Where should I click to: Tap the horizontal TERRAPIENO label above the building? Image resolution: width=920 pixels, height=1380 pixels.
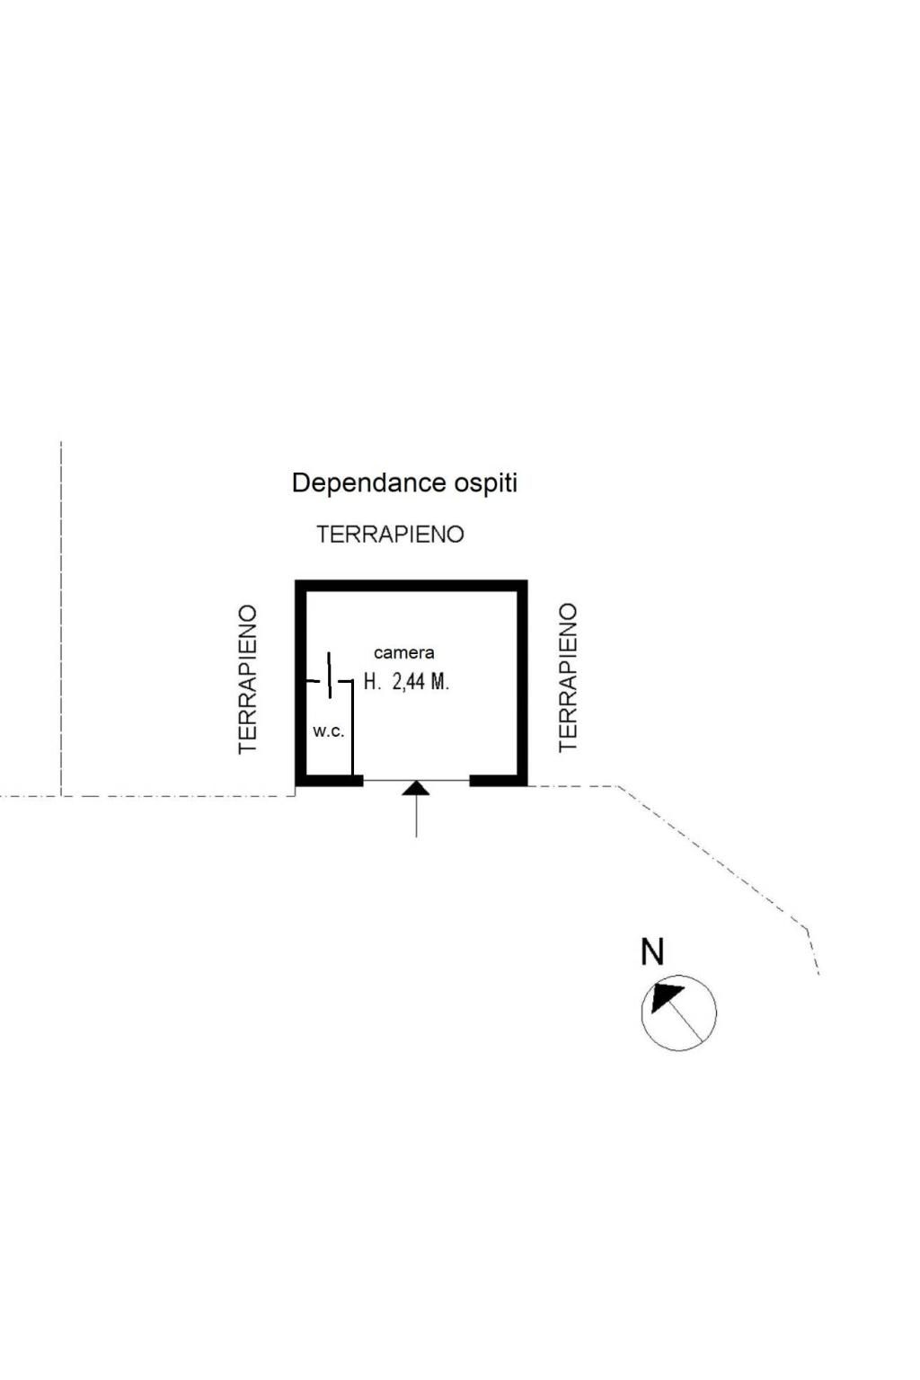pos(390,535)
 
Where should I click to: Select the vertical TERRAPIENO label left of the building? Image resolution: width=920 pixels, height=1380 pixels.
pos(248,678)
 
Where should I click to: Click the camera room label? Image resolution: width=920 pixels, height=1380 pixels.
pos(403,653)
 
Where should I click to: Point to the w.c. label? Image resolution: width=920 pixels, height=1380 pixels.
pos(328,731)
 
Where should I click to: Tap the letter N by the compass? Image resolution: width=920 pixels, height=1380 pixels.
pos(652,952)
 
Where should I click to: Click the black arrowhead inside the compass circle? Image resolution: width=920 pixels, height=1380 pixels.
pos(666,996)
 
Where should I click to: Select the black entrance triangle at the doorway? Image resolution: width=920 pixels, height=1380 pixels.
pos(416,789)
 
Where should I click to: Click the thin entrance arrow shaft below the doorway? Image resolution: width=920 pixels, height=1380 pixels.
pos(416,818)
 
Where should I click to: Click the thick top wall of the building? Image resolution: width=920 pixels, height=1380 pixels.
pos(411,586)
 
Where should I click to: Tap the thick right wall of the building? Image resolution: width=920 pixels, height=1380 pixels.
pos(521,683)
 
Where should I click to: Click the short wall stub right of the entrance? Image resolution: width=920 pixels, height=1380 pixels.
pos(496,780)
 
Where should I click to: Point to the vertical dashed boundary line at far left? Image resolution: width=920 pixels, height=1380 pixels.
pos(61,620)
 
